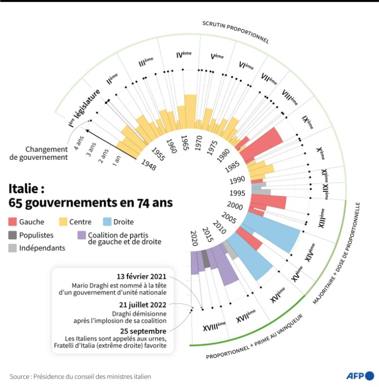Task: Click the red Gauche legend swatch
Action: (12, 222)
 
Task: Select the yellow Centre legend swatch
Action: (63, 222)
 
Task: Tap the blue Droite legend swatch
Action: (107, 222)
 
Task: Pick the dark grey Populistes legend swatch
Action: (12, 235)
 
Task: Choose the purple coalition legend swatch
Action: (81, 235)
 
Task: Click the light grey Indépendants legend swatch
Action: (12, 248)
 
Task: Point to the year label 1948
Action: (149, 165)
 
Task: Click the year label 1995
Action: (237, 193)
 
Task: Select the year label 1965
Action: (185, 143)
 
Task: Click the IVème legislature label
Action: (184, 55)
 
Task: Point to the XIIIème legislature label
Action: (322, 218)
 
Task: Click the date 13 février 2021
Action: (141, 276)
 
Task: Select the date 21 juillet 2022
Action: (143, 305)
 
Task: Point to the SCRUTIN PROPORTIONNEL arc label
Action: (235, 32)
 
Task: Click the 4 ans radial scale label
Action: (79, 143)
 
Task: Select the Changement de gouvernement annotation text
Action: (39, 153)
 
